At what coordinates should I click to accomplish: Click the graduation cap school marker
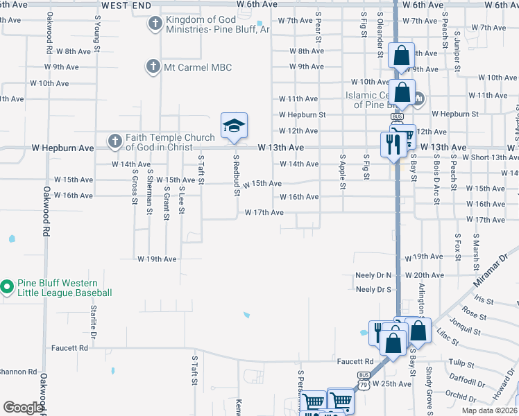pyautogui.click(x=234, y=125)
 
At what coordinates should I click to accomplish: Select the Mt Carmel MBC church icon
pyautogui.click(x=153, y=67)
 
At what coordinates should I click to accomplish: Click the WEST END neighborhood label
pyautogui.click(x=126, y=4)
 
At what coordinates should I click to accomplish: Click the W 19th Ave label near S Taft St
pyautogui.click(x=157, y=259)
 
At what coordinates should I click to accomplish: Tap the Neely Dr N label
pyautogui.click(x=373, y=275)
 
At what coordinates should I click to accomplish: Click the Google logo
pyautogui.click(x=22, y=408)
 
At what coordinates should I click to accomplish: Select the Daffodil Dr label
pyautogui.click(x=467, y=380)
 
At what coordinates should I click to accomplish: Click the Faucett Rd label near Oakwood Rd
pyautogui.click(x=69, y=347)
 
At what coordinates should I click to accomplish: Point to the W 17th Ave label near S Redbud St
pyautogui.click(x=264, y=212)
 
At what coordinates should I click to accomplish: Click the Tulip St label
pyautogui.click(x=460, y=363)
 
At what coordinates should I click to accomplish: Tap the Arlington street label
pyautogui.click(x=420, y=299)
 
